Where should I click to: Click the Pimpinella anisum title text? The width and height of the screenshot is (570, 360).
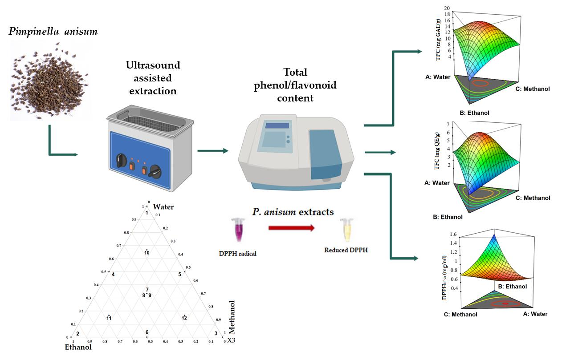[x=53, y=32]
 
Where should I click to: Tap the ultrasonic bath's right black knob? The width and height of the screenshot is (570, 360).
[x=156, y=170]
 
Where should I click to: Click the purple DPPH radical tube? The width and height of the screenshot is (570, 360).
[x=236, y=230]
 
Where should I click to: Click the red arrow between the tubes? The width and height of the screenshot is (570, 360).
[x=291, y=229]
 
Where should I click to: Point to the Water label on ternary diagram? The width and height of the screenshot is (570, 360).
[x=163, y=207]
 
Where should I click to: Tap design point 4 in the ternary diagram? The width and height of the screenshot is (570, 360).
[x=113, y=274]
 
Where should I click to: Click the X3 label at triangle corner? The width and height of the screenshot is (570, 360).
[x=231, y=340]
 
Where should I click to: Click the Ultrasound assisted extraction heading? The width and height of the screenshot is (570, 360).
[x=153, y=78]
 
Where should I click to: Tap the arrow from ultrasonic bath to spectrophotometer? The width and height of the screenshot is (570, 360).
[x=212, y=151]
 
